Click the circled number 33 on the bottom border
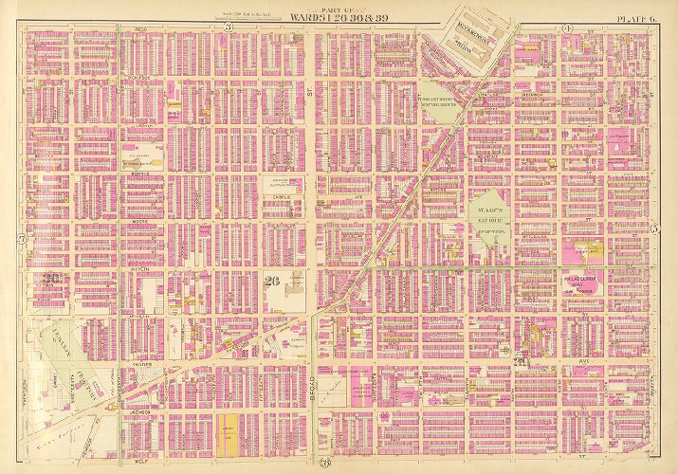(x=324, y=462)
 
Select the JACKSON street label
(x=137, y=412)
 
